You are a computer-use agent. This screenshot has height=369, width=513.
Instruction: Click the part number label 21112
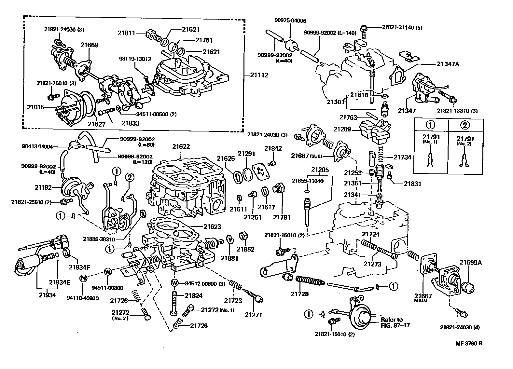259,75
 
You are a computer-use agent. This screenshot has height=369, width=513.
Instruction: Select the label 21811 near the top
127,33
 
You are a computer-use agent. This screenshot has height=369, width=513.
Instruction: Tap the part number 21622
181,146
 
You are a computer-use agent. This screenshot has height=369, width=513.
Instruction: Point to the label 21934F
79,267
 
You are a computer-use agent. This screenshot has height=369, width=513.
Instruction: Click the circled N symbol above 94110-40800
83,278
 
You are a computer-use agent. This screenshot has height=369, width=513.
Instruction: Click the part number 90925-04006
290,20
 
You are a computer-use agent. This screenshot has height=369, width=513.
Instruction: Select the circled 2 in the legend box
465,126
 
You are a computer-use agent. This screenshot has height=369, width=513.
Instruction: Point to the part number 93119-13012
135,59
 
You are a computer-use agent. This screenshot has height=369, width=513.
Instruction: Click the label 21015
35,107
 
